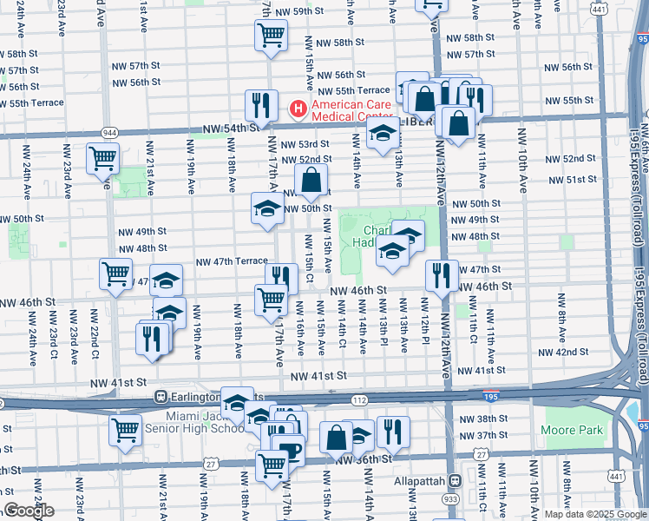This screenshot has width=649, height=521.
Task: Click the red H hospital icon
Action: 297,110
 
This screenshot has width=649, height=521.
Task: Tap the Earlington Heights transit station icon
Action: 161,396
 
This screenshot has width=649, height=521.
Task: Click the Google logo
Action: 28,511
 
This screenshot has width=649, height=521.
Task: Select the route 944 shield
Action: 109,132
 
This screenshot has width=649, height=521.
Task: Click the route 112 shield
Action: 359,399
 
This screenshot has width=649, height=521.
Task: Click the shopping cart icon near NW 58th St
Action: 271,36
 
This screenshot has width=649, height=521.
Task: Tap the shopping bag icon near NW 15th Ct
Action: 311,181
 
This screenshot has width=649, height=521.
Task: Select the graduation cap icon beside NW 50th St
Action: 267,208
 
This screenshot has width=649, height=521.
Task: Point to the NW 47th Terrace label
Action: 232,261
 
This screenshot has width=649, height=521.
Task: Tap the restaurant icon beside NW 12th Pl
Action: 442,275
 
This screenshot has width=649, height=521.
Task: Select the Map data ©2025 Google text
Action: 595,514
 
